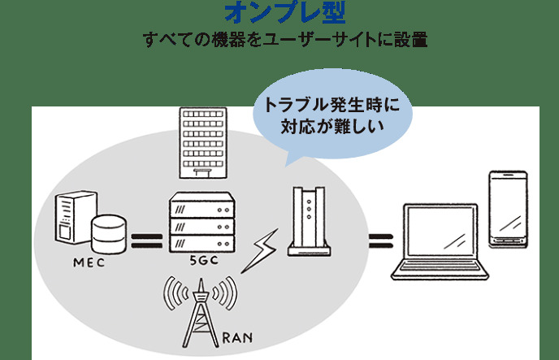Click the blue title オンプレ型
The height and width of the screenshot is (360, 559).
tap(279, 14)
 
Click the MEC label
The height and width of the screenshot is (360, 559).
tap(89, 262)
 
